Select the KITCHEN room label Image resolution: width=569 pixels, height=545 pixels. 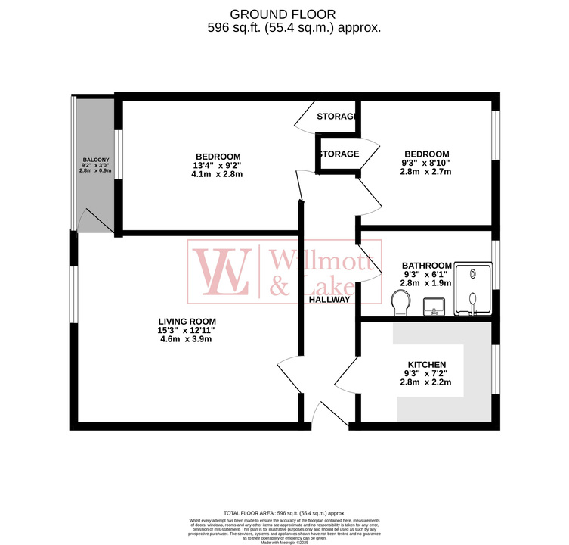coord(428,364)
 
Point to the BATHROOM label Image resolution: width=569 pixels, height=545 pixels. coord(427,265)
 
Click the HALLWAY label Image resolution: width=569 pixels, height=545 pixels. coord(329,299)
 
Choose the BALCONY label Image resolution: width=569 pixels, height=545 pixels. coord(96,160)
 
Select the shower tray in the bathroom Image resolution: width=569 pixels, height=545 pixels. coord(472,288)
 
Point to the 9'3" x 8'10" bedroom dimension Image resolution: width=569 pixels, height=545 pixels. coord(425,163)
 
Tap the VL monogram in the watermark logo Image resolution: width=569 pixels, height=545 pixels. coord(224,271)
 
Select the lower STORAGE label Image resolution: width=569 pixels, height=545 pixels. coord(338,154)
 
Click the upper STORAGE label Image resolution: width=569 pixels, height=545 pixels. coord(336,117)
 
